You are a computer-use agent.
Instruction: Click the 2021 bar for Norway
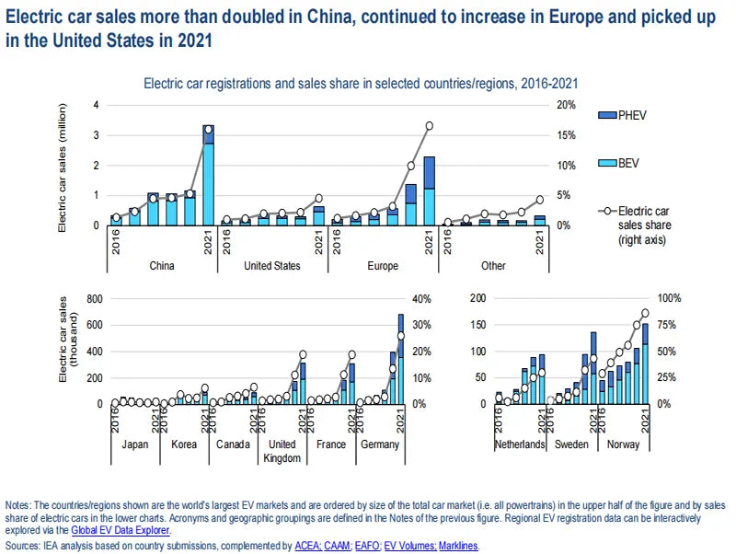pyautogui.click(x=645, y=364)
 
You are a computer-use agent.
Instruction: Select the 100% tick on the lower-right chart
pyautogui.click(x=670, y=299)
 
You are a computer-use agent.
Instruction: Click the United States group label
pyautogui.click(x=271, y=266)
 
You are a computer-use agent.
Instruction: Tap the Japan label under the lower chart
pyautogui.click(x=135, y=444)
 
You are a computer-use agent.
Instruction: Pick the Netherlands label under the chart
pyautogui.click(x=519, y=444)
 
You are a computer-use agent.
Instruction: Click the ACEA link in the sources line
pyautogui.click(x=308, y=546)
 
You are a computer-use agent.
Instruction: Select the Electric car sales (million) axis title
pyautogui.click(x=63, y=165)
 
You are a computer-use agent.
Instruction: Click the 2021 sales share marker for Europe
pyautogui.click(x=429, y=126)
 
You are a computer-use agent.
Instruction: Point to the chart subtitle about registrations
pyautogui.click(x=361, y=83)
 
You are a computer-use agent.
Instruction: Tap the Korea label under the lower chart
pyautogui.click(x=184, y=444)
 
